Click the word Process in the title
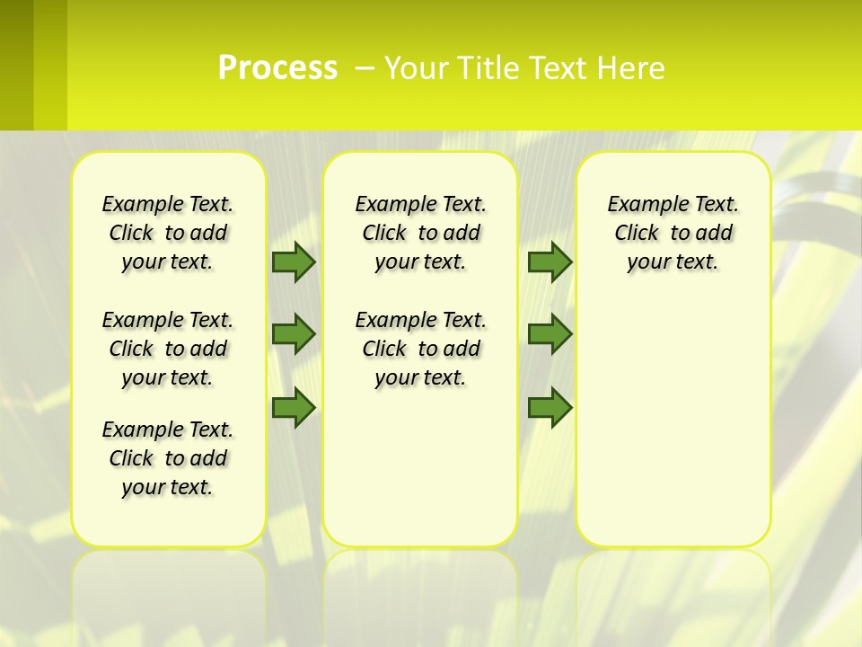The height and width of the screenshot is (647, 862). point(277,68)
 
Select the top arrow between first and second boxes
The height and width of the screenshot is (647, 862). point(293,261)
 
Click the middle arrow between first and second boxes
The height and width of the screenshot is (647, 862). point(293,334)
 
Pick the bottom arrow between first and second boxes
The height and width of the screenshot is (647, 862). point(293,407)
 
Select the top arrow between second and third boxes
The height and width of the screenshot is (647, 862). point(550,261)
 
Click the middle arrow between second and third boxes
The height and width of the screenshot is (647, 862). point(550,334)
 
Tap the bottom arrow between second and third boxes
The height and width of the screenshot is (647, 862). point(550,407)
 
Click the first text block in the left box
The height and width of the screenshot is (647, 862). point(168,233)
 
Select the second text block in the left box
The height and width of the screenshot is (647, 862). point(168,349)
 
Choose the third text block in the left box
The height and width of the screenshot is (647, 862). point(168,458)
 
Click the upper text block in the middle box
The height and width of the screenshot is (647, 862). point(420,233)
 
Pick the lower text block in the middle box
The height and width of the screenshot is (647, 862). point(420,349)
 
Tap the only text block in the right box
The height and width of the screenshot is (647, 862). point(673,233)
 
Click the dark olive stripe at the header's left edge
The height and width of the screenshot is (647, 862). point(16,65)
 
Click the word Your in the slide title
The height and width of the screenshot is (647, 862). point(416,68)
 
